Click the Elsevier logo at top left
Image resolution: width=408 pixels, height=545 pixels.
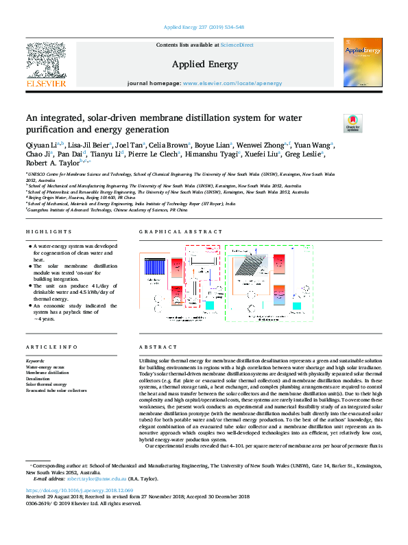pos(46,65)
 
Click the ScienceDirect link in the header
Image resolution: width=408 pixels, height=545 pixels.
pos(237,45)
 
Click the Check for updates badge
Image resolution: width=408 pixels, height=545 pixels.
pos(352,123)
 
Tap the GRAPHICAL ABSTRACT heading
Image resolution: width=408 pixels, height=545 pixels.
pos(170,233)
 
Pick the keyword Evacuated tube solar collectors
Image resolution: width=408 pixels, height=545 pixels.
pos(56,390)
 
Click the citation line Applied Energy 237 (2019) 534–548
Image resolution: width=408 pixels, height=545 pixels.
pos(204,28)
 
